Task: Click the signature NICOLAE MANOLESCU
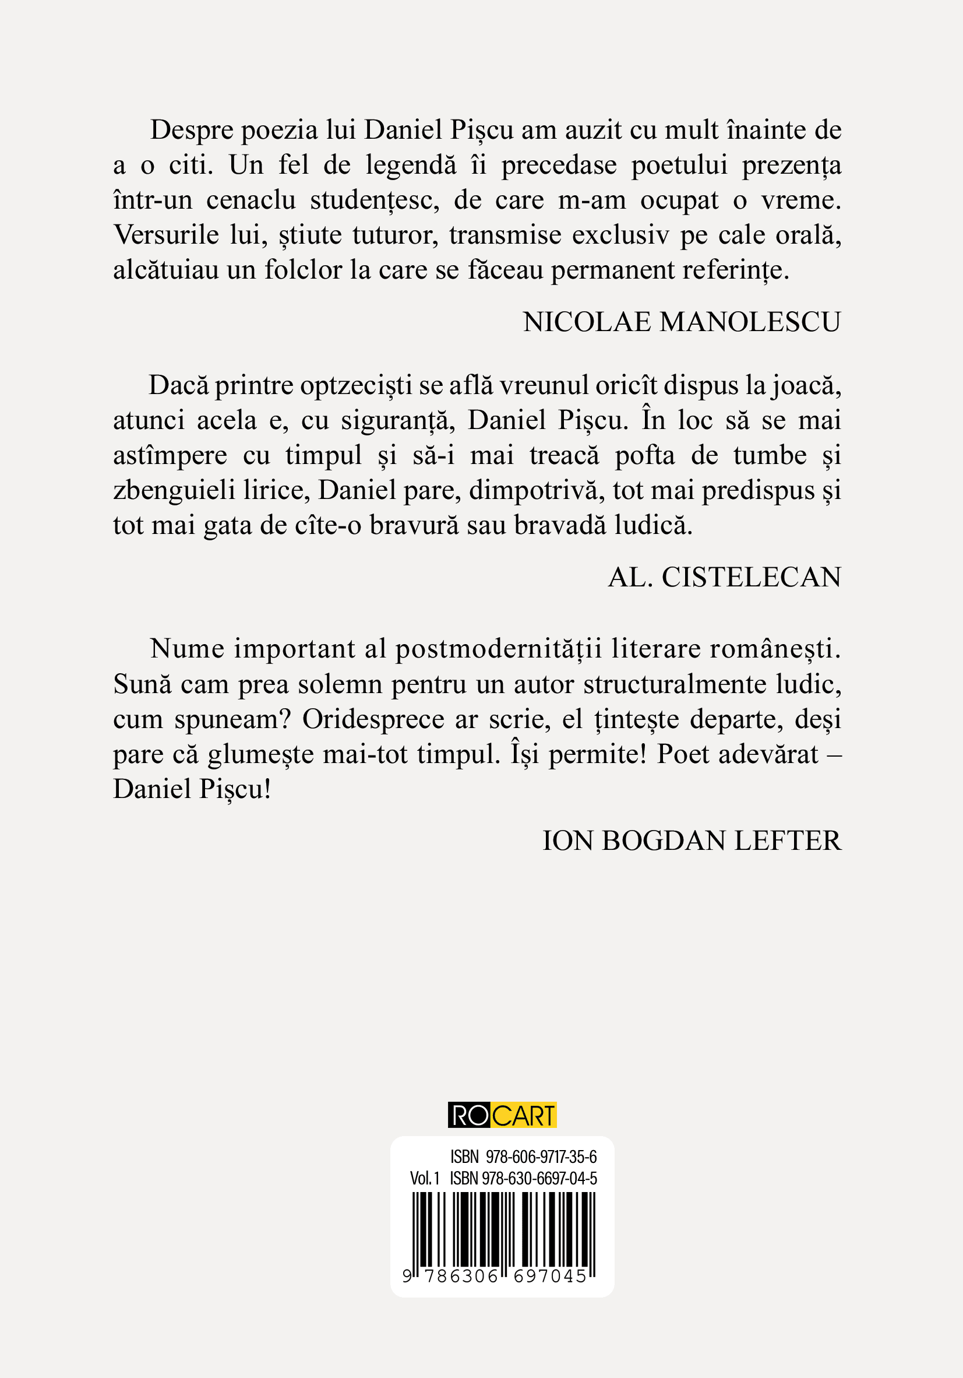682,322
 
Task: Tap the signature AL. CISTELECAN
724,577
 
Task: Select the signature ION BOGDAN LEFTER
691,841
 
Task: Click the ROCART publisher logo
502,1115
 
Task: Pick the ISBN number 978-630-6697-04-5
539,1178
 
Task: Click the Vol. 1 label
425,1178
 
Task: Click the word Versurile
166,235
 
